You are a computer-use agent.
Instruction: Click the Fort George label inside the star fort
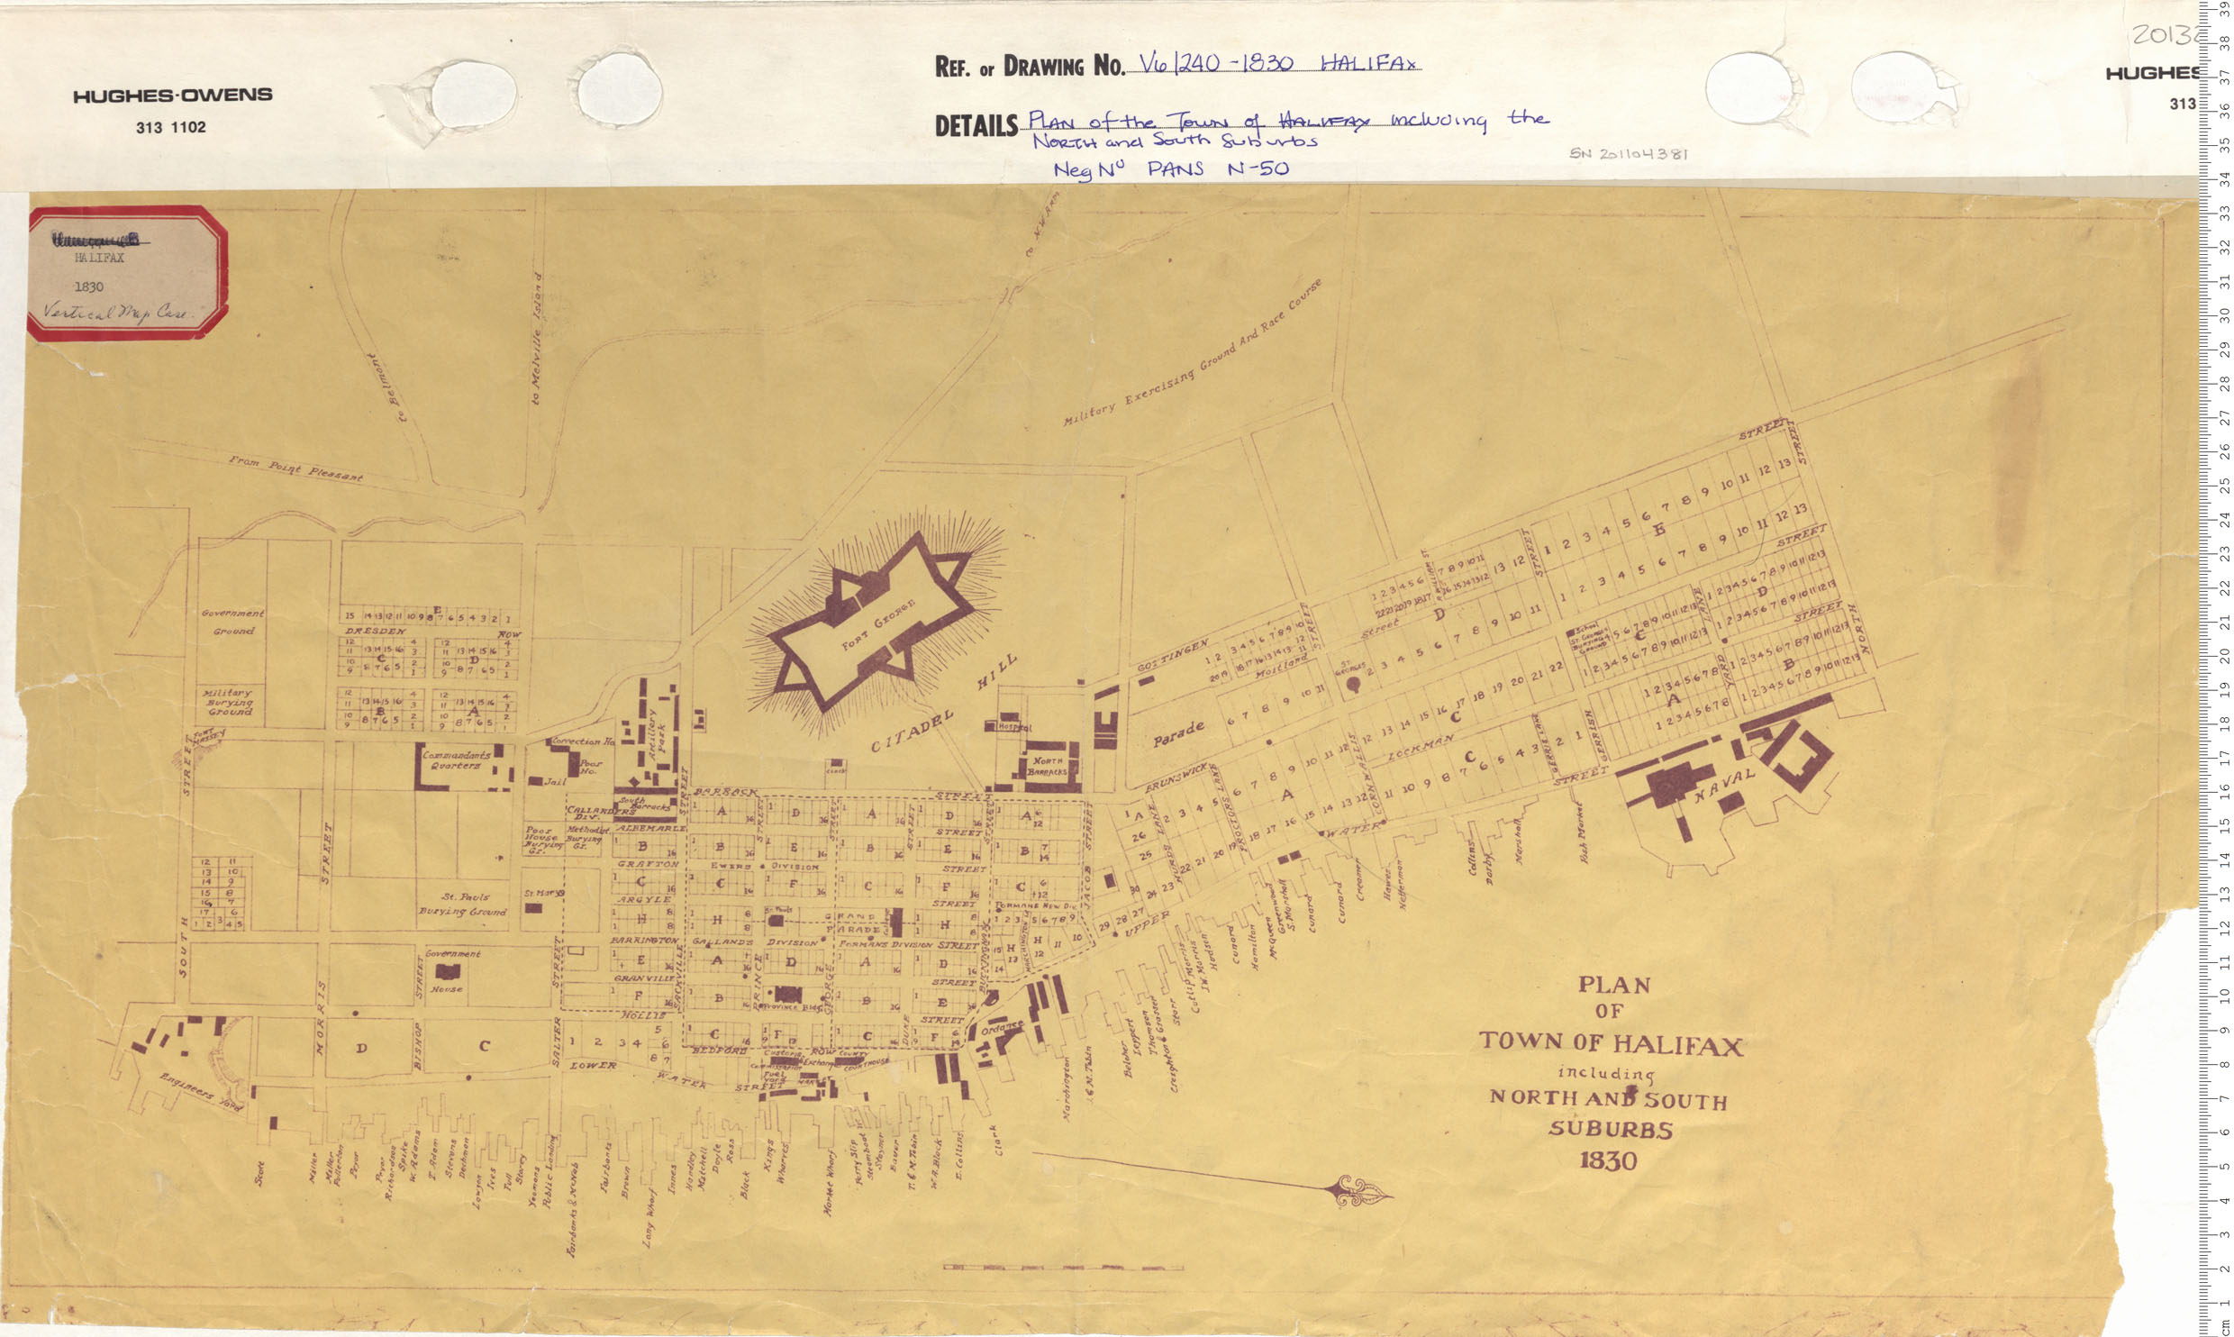point(878,624)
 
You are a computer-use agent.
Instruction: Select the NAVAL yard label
point(1724,785)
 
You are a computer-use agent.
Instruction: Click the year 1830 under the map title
point(1608,1160)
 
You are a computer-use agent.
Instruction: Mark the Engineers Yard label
point(201,1092)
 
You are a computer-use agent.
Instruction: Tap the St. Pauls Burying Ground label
point(464,904)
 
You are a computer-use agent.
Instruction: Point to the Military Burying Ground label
point(229,702)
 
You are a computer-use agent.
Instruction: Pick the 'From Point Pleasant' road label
point(295,468)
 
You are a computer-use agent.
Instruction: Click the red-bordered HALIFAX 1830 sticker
point(126,273)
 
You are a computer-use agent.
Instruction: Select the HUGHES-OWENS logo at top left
point(172,95)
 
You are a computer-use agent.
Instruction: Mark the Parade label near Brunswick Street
point(1178,733)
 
